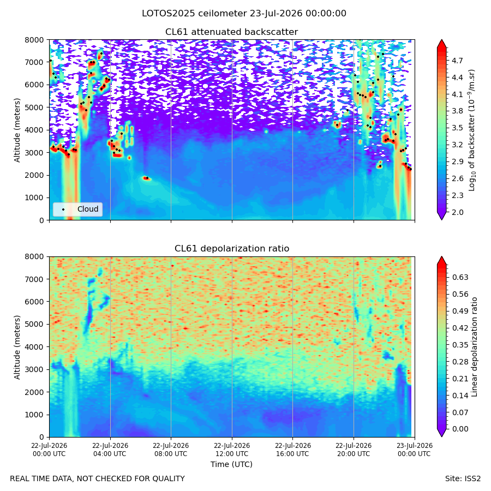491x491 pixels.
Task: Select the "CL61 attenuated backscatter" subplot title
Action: pos(231,32)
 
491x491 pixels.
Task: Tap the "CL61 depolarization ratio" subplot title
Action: pos(232,249)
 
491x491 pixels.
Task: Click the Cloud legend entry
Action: pos(77,209)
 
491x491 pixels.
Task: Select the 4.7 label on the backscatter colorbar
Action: pos(457,61)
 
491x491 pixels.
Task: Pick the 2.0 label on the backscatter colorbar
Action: pos(457,212)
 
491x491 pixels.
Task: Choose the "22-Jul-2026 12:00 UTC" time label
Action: pos(232,450)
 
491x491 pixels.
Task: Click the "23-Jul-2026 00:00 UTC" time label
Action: pos(415,450)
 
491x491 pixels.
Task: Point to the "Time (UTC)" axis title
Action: pos(231,464)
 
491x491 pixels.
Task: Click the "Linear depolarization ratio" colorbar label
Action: pos(474,347)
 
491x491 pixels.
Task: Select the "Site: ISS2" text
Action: pos(463,479)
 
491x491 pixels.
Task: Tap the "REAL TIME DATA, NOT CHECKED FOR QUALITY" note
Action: pos(98,479)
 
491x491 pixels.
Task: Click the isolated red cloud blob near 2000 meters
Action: pos(147,178)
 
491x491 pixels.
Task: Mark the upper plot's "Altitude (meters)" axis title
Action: pos(17,130)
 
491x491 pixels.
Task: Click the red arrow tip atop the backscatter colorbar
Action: pos(441,40)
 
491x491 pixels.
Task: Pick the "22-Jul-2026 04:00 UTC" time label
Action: pos(110,450)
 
